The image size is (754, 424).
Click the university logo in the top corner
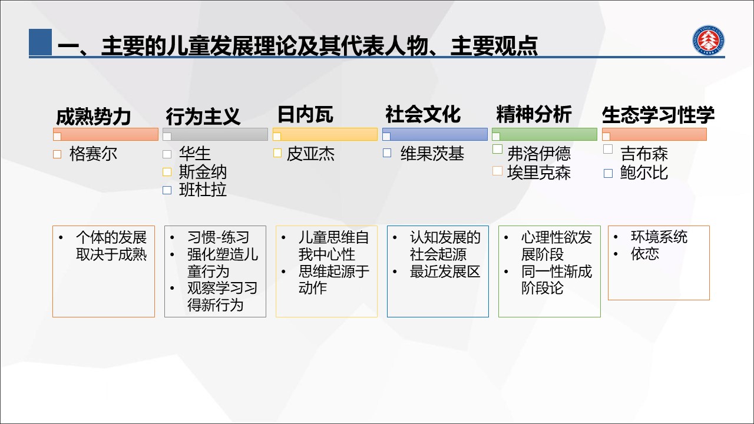click(x=708, y=40)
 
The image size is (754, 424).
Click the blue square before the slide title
click(x=41, y=42)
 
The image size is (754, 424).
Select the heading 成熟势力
click(x=93, y=117)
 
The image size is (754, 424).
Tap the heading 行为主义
click(x=203, y=117)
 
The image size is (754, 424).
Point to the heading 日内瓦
click(x=305, y=114)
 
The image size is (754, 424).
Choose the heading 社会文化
click(x=423, y=114)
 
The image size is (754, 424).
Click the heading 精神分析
click(x=534, y=114)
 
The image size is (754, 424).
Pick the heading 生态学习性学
click(x=658, y=115)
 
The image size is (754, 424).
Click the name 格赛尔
click(x=93, y=154)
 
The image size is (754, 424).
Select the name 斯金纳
click(x=203, y=172)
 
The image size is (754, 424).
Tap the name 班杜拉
click(x=203, y=190)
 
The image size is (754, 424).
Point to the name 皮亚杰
click(x=310, y=154)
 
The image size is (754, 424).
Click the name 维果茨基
click(x=432, y=154)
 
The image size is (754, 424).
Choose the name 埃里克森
click(x=539, y=173)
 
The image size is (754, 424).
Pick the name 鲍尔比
click(x=644, y=173)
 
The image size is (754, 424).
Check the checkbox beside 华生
click(x=167, y=154)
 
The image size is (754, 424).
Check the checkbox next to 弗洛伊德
click(x=497, y=149)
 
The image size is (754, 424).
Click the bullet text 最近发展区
click(x=445, y=271)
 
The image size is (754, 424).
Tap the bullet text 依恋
click(x=645, y=254)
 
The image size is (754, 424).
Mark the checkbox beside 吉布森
click(x=607, y=149)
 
